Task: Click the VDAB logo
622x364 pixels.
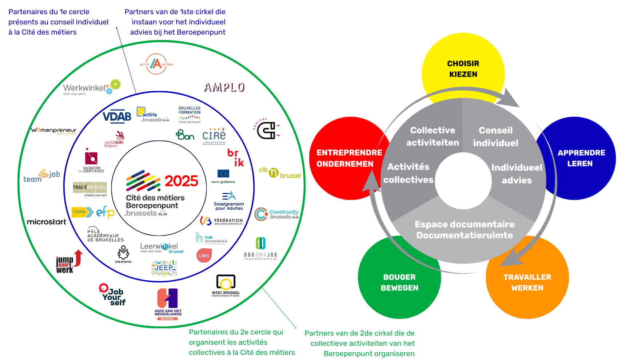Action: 117,116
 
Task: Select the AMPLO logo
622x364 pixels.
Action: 224,87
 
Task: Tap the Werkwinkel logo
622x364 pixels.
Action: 91,88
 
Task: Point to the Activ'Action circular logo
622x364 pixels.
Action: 156,64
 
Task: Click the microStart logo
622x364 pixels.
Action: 47,222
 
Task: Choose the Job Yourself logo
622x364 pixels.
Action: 113,295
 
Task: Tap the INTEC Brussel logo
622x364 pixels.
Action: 226,285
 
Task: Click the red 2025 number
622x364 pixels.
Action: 181,181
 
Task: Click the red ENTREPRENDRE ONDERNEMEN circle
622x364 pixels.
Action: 338,158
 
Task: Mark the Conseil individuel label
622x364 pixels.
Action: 495,136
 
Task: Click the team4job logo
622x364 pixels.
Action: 41,176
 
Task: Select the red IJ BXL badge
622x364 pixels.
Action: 204,256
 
